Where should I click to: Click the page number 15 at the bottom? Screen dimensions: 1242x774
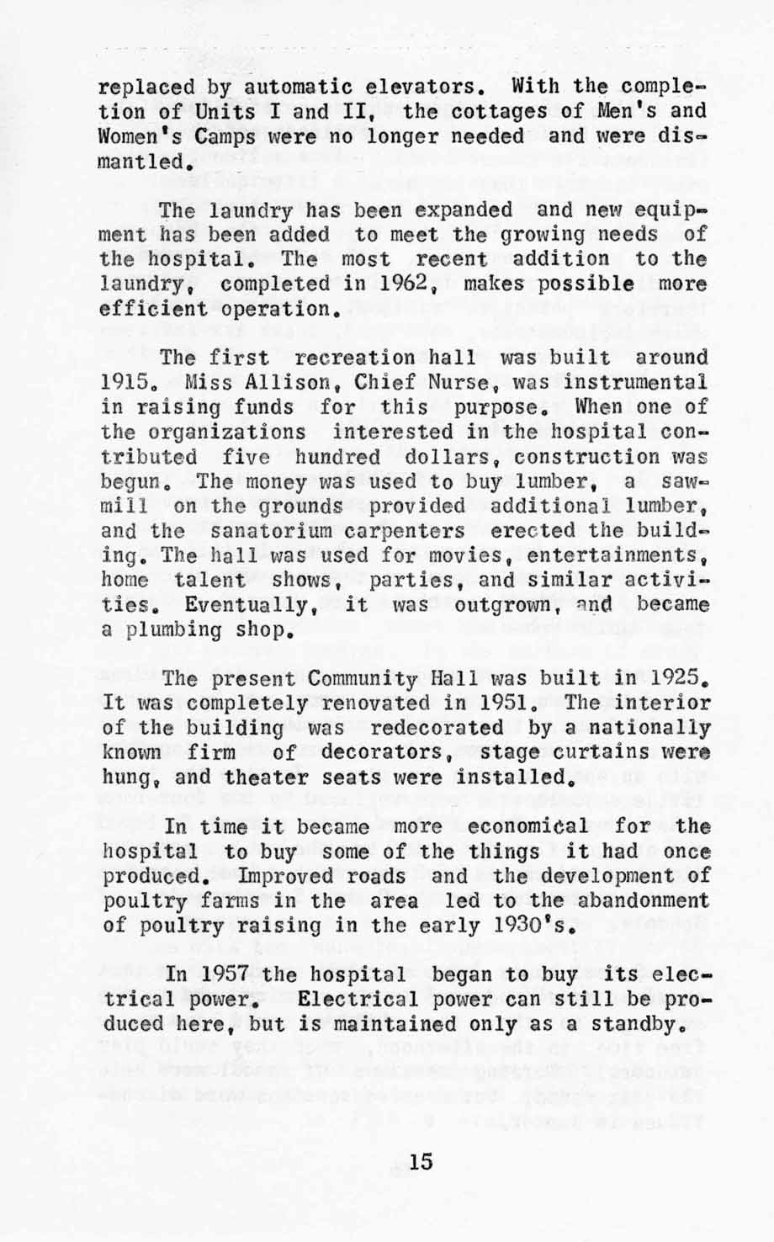click(420, 1162)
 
